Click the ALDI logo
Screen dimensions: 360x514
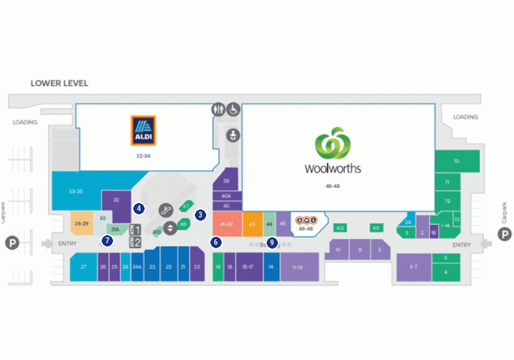[x=143, y=131]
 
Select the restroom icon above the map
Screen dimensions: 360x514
[x=218, y=109]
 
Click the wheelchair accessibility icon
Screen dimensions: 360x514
[x=233, y=109]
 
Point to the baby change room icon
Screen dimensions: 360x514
[x=233, y=136]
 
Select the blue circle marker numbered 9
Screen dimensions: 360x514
[x=273, y=243]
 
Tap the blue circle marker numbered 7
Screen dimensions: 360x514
[x=108, y=241]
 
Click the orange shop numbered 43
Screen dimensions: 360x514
[x=252, y=224]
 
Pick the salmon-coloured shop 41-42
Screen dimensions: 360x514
[x=227, y=224]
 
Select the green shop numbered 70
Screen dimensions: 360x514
[x=456, y=161]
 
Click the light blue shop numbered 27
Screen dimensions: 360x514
[x=83, y=266]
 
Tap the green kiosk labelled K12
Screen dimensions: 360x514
[x=340, y=228]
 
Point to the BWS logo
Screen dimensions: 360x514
[x=307, y=220]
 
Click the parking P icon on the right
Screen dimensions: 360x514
[x=504, y=234]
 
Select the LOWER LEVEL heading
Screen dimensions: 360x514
[x=59, y=84]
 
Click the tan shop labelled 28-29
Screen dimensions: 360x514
[x=81, y=222]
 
